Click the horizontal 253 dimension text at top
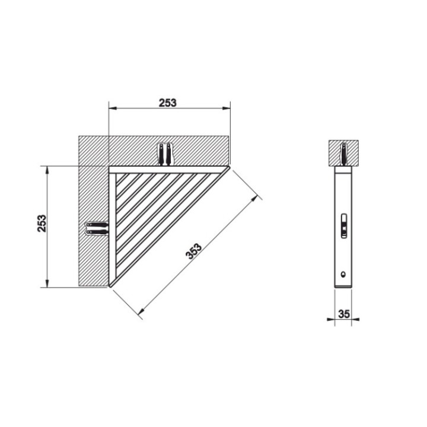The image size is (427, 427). point(168,103)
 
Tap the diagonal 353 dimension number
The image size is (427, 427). point(195,250)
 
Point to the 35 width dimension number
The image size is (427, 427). point(344,314)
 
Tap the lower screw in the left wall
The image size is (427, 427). point(97,232)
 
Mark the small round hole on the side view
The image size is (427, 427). point(343,274)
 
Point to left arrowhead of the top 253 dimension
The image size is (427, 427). point(111,108)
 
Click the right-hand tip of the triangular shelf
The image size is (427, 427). point(228,168)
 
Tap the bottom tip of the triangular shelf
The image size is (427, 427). point(111,287)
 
